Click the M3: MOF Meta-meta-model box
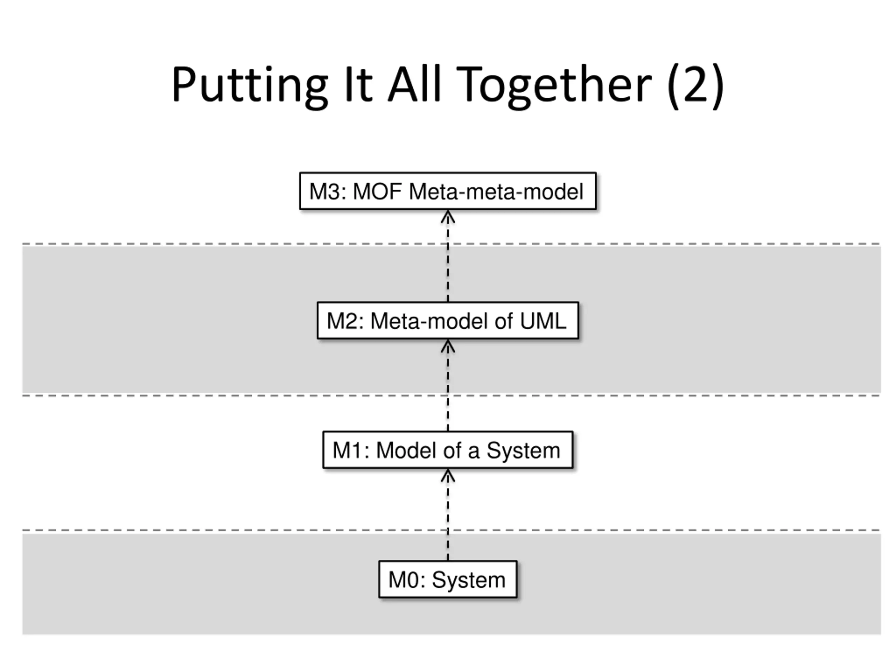click(448, 191)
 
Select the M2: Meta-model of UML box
click(448, 320)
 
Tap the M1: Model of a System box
click(448, 450)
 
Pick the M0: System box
click(448, 579)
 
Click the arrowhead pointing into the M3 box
click(448, 217)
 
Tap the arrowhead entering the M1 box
click(448, 475)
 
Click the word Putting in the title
click(250, 86)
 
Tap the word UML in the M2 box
click(542, 321)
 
